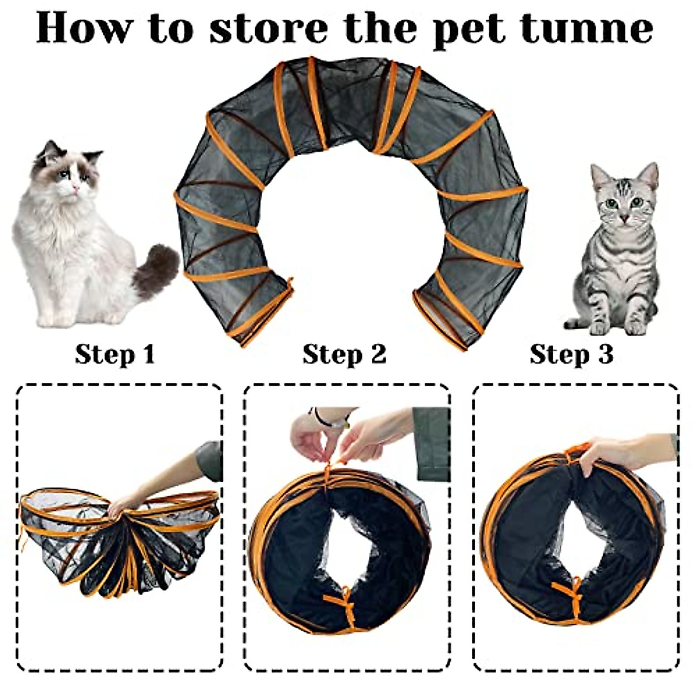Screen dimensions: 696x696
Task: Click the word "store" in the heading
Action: coord(268,27)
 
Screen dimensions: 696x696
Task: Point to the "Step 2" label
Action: coord(344,354)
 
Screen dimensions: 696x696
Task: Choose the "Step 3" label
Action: coord(571,354)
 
